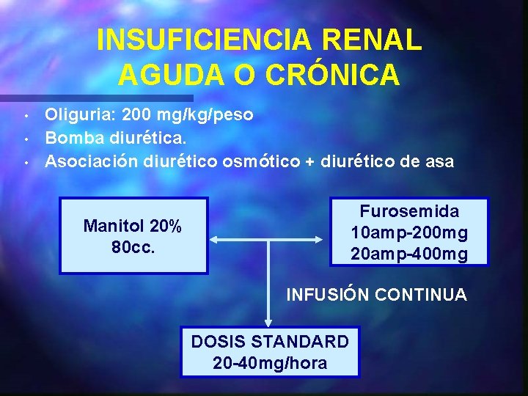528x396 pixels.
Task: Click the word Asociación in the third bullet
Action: click(x=91, y=161)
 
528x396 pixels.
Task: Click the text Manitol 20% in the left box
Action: click(x=133, y=226)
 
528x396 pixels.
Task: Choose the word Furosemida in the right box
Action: click(x=409, y=212)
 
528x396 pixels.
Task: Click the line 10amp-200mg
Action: click(x=409, y=232)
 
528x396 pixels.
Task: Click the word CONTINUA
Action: click(x=420, y=295)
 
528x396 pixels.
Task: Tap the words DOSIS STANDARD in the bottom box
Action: click(x=270, y=342)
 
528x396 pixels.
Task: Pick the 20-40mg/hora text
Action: click(x=270, y=362)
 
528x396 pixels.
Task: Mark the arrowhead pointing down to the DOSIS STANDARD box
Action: click(x=269, y=321)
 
